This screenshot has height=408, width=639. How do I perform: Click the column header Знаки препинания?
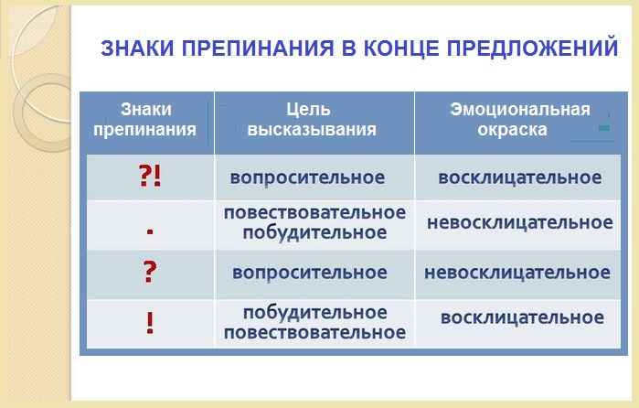coord(145,119)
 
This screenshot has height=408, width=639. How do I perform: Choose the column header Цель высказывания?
coord(312,119)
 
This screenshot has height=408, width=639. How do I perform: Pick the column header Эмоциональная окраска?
coord(520,119)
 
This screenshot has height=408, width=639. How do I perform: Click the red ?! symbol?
coord(150,177)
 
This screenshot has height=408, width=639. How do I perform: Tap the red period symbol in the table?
coord(150,231)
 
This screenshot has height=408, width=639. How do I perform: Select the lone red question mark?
coord(150,272)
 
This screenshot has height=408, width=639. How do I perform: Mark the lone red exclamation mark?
coord(150,323)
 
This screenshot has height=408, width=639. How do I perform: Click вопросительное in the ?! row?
coord(307,177)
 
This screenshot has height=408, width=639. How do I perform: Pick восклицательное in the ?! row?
coord(520,177)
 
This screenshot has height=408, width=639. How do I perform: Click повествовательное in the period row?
coord(314,212)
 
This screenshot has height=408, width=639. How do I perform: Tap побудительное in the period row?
coord(314,233)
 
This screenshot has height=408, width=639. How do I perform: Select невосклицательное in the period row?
coord(520,223)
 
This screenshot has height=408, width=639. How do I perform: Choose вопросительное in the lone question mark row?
coord(310,273)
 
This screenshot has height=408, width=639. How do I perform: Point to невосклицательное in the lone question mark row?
coord(517,273)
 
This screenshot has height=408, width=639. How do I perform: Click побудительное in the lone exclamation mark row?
coord(315,313)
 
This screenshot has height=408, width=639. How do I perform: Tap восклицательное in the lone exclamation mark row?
coord(523,317)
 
